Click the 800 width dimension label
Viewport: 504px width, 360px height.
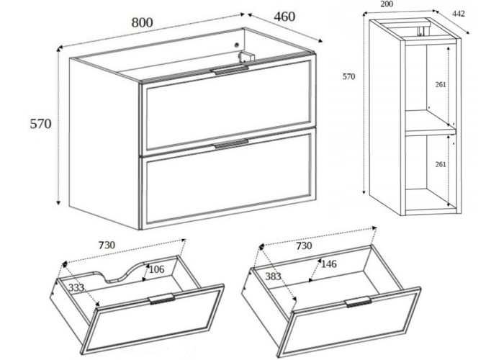click(x=142, y=22)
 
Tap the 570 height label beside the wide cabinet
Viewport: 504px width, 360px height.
click(x=40, y=124)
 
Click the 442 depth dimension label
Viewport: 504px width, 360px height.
click(x=458, y=13)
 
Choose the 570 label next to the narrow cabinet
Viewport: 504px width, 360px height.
click(x=349, y=76)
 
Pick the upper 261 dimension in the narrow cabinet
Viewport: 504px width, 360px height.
click(x=441, y=84)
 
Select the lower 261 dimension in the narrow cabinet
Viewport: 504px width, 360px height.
click(x=441, y=165)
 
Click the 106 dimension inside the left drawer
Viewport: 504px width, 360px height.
click(x=156, y=269)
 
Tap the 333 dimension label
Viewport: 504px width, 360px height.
click(x=75, y=288)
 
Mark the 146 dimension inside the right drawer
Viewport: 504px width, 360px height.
click(x=330, y=264)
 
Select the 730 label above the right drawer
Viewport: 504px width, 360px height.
click(x=304, y=246)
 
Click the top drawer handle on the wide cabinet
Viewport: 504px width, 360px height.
click(x=229, y=70)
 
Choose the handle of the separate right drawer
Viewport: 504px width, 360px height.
click(x=358, y=301)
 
